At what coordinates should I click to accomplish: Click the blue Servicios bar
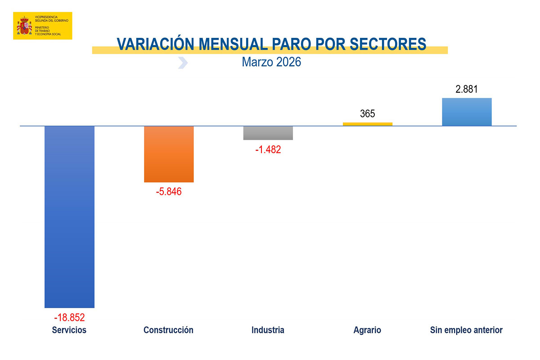point(69,217)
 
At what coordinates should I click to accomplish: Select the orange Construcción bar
point(169,154)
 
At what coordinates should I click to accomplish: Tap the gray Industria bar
point(268,133)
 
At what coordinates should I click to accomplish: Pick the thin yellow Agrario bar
point(368,124)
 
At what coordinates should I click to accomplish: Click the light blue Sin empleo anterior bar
point(467,112)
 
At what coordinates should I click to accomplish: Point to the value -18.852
point(69,317)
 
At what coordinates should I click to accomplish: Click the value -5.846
point(169,192)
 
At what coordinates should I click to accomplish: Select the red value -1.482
point(268,149)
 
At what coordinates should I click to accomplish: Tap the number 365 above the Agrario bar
point(368,113)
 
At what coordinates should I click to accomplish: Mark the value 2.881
point(467,89)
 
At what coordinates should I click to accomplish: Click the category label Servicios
point(69,330)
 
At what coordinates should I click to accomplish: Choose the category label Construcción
point(168,330)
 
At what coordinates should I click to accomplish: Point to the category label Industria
point(268,330)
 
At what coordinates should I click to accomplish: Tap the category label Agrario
point(367,330)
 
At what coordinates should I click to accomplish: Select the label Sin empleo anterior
point(467,330)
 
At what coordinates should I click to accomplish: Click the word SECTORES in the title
point(388,44)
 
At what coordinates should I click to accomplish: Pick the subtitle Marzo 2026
point(271,62)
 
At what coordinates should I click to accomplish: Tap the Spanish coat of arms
point(24,26)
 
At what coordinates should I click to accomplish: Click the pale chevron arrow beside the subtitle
point(183,63)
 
